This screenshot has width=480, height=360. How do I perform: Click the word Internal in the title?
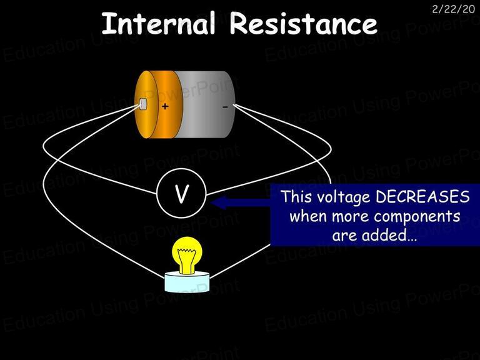[x=158, y=23]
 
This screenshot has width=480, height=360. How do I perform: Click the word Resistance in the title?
[x=303, y=23]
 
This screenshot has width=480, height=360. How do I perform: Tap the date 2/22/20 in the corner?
[x=453, y=9]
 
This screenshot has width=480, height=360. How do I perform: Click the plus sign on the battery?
[x=165, y=106]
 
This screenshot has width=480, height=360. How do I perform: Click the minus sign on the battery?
[x=225, y=107]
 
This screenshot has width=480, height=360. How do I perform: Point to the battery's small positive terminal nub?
[x=143, y=104]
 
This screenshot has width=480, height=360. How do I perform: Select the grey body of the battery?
[x=206, y=104]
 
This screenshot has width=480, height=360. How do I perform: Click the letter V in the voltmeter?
[x=181, y=194]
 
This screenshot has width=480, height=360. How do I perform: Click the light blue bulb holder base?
[x=187, y=282]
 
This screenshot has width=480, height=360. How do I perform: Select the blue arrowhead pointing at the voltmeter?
[x=219, y=202]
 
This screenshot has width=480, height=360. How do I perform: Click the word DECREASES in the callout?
[x=422, y=196]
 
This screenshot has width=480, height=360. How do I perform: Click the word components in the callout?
[x=417, y=217]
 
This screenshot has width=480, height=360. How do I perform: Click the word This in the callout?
[x=297, y=196]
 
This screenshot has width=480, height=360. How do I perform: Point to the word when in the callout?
[x=309, y=216]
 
